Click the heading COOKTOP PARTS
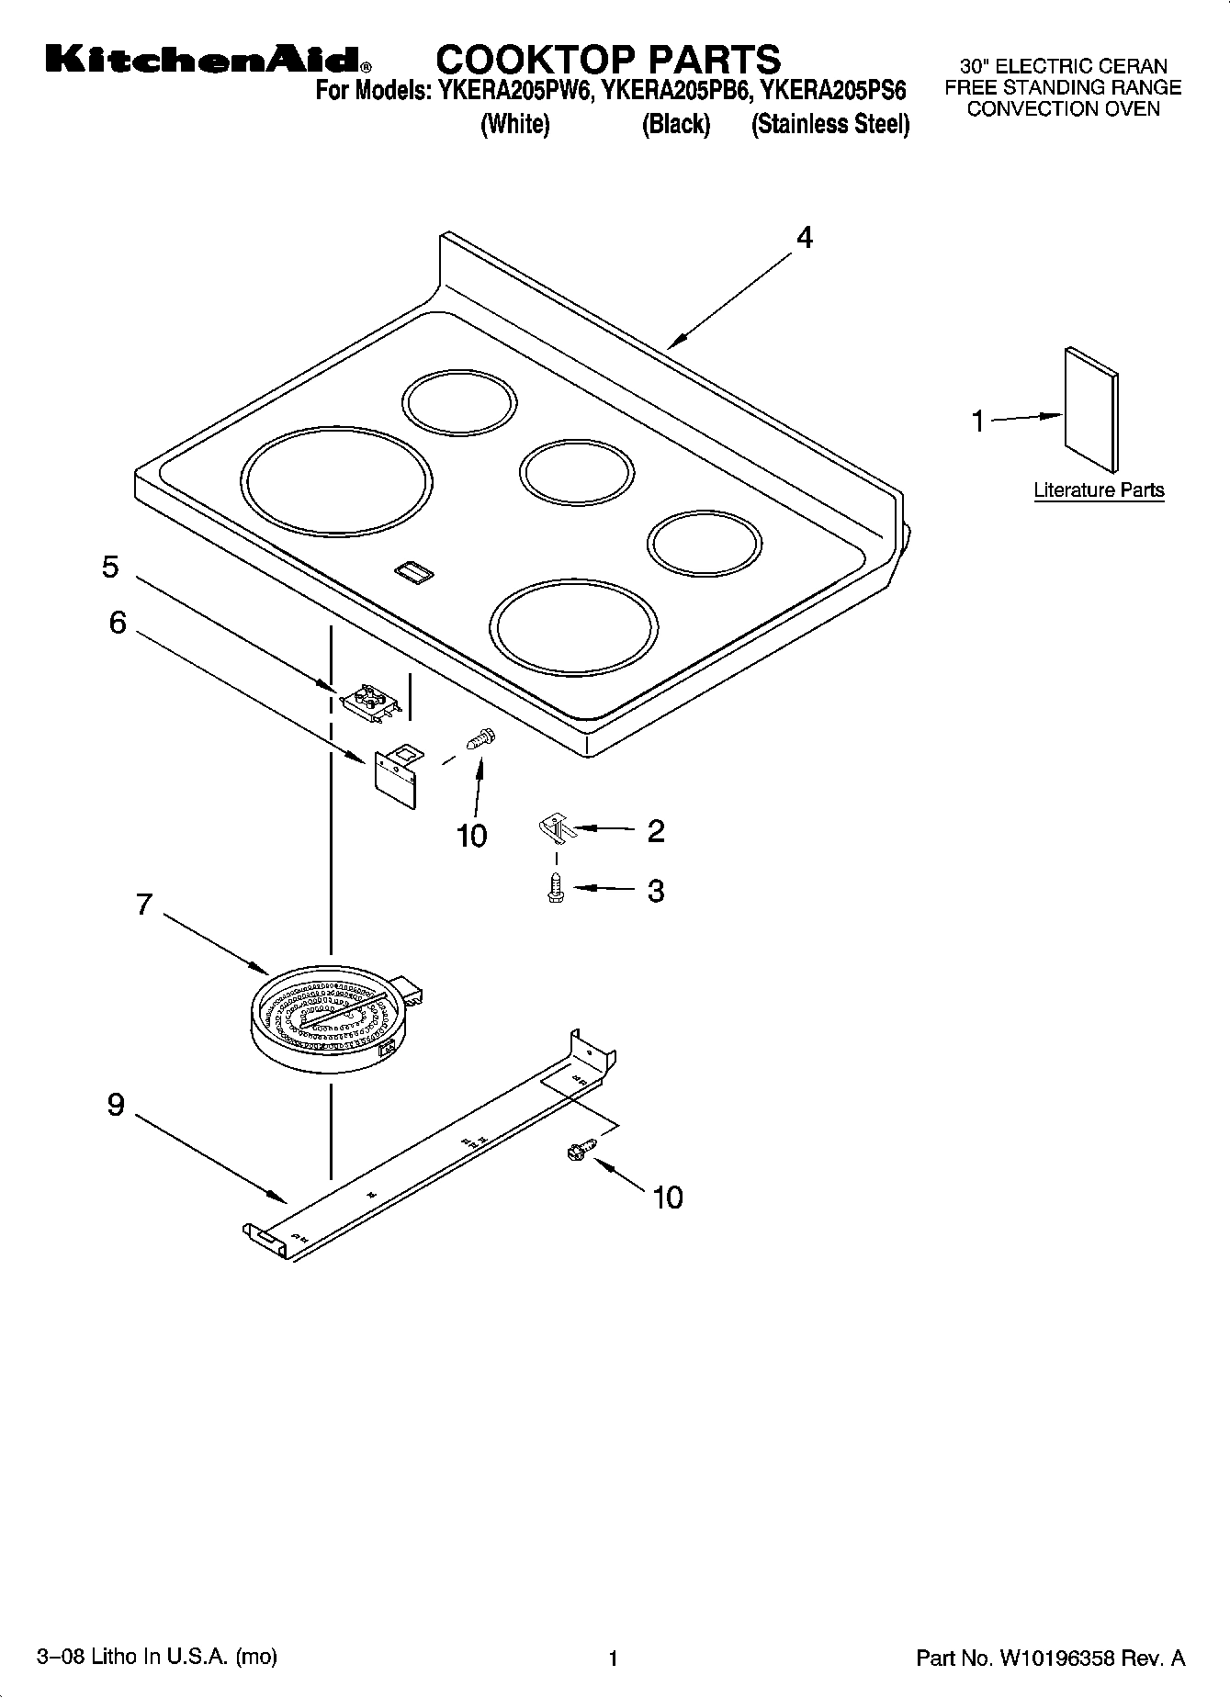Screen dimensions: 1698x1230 (607, 60)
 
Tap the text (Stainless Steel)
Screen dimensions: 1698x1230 (830, 125)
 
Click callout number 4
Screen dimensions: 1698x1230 (804, 239)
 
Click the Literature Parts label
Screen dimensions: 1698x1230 (1099, 490)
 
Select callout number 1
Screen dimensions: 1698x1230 (978, 422)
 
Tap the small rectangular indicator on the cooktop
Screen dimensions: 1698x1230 (413, 572)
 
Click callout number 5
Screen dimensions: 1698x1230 (110, 567)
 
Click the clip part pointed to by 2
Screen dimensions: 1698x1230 (553, 828)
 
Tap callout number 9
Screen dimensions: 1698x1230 (115, 1105)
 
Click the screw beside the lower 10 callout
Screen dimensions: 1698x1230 (581, 1148)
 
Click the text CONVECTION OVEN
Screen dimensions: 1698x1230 (1063, 109)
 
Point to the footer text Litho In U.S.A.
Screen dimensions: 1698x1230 (157, 1657)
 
